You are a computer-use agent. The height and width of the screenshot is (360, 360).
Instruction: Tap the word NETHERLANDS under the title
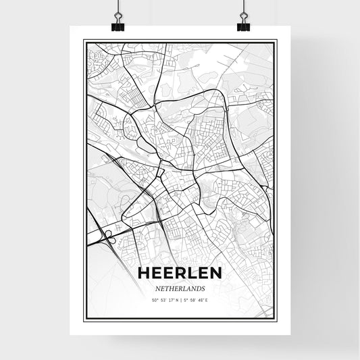tap(180, 287)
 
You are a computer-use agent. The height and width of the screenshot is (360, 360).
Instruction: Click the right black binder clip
tap(243, 25)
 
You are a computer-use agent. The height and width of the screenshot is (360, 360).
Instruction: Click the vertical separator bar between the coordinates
tap(181, 299)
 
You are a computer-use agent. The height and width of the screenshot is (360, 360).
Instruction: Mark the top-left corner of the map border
tap(84, 41)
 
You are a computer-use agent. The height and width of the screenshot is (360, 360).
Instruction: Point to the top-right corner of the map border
tap(276, 41)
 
